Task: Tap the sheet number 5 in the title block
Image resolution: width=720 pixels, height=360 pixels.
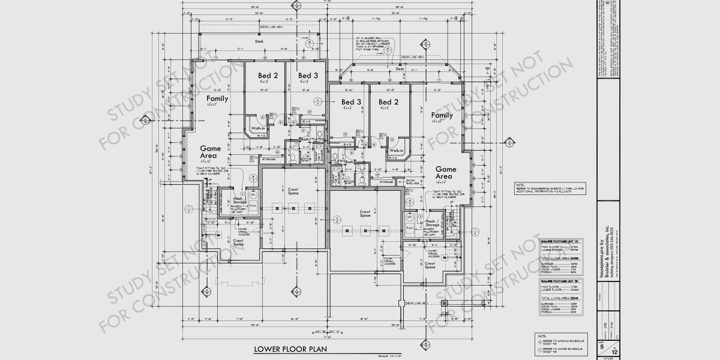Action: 602,346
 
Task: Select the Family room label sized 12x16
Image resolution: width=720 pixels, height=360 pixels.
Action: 442,116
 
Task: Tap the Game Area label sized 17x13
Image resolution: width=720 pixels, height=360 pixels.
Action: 210,152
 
